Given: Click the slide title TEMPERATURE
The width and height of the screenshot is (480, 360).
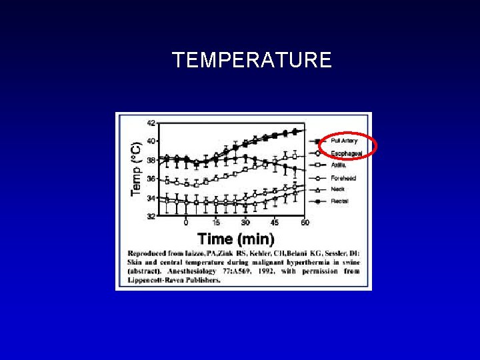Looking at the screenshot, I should click(251, 60).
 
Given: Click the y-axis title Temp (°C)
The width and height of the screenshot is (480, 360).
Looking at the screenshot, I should click(135, 169).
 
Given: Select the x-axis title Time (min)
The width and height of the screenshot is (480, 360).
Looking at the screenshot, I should click(235, 238).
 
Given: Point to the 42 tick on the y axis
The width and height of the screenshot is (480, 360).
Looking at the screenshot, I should click(151, 123).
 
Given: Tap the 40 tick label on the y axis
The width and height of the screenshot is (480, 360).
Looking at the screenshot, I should click(151, 141).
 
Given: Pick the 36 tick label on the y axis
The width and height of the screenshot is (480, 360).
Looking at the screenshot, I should click(151, 179).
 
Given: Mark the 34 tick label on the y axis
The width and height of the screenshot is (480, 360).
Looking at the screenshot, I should click(151, 198).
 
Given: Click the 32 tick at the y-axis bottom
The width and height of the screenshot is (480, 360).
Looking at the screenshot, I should click(151, 216).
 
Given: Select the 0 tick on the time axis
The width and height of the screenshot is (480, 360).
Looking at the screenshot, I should click(186, 223).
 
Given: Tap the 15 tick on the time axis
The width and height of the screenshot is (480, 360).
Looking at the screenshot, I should click(216, 223).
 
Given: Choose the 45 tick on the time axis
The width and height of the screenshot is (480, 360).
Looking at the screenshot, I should click(275, 223).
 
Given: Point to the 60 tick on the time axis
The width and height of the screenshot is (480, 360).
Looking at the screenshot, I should click(305, 223).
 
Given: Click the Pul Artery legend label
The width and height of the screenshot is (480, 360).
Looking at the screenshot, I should click(344, 141).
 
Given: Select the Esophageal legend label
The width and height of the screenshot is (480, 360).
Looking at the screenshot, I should click(346, 154).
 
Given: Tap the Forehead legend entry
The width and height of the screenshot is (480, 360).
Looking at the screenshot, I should click(343, 178).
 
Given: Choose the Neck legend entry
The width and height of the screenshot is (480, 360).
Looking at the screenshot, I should click(337, 189).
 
